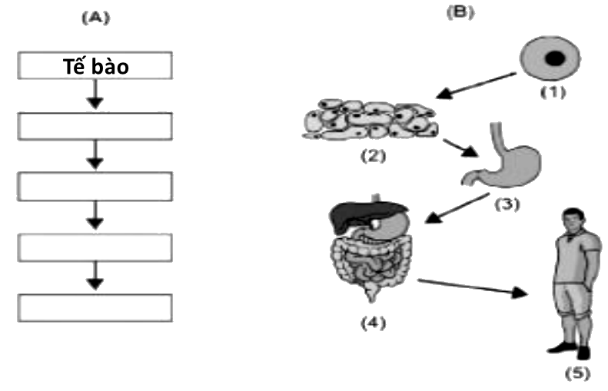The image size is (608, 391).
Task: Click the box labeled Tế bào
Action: (95, 66)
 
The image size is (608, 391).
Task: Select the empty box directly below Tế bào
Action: (95, 126)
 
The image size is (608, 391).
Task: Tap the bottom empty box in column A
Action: (95, 307)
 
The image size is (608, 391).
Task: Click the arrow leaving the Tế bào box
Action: (95, 95)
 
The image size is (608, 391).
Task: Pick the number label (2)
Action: (372, 157)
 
